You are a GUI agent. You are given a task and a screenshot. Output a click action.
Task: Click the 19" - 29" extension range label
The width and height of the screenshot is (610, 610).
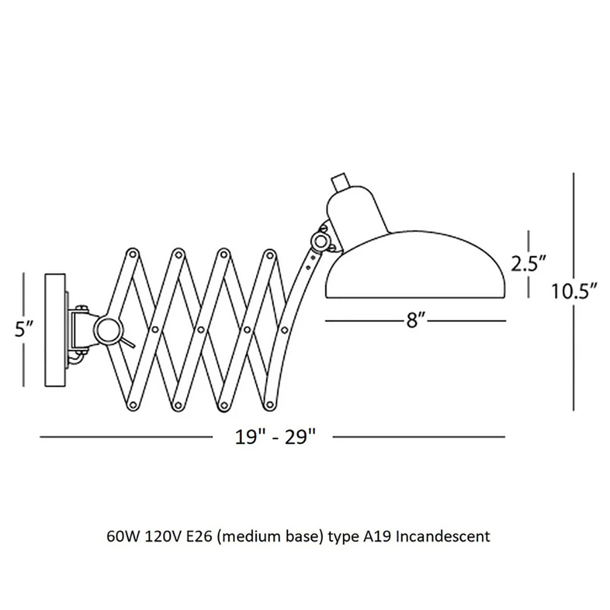(274, 437)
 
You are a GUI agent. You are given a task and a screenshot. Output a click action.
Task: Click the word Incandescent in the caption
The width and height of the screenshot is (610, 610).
(443, 537)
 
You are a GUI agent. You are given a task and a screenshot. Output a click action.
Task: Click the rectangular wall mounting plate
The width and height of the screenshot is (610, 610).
(55, 330)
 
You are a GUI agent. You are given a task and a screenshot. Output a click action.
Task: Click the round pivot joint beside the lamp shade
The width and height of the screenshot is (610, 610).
(321, 241)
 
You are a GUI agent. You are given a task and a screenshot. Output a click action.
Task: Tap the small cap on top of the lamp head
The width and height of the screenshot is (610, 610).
(338, 182)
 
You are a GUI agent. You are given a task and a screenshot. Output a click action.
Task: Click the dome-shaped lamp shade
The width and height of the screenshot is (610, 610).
(415, 267)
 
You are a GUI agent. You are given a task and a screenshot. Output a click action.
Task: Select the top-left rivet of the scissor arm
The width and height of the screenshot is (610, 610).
(132, 254)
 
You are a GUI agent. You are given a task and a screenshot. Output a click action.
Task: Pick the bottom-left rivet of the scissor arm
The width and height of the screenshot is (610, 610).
(132, 405)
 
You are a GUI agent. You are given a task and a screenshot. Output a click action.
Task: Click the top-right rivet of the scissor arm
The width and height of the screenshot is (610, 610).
(269, 255)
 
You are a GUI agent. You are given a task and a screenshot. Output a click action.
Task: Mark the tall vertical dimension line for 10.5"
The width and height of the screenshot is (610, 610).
(574, 292)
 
